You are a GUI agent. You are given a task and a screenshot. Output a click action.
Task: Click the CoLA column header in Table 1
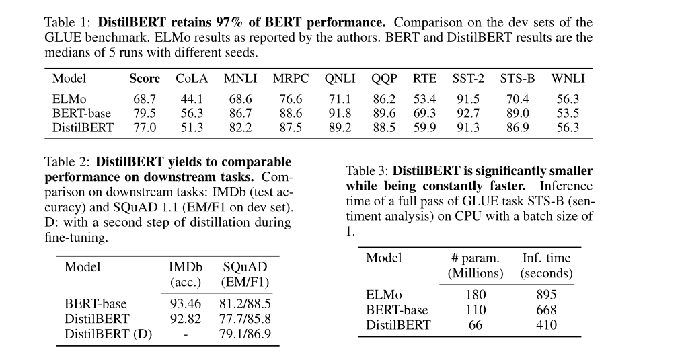tap(192, 79)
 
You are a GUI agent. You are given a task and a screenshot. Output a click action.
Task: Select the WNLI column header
tap(568, 79)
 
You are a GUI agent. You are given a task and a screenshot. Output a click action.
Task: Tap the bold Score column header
tap(145, 79)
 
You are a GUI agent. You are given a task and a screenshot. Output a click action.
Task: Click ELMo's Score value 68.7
tap(145, 99)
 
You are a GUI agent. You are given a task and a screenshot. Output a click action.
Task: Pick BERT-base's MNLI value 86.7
tap(240, 113)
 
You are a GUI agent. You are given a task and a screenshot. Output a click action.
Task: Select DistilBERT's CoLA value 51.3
tap(192, 127)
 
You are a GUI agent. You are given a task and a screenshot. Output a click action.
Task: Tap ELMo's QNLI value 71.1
tap(340, 99)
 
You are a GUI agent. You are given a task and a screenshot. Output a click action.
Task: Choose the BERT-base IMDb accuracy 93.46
tap(185, 305)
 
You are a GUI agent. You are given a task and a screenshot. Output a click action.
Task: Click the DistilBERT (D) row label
tap(108, 334)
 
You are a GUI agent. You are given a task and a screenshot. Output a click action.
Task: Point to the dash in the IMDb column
tap(185, 334)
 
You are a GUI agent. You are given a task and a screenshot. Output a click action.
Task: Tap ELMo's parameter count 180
tap(475, 295)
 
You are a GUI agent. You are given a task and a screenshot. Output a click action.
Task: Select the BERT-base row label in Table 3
tap(397, 310)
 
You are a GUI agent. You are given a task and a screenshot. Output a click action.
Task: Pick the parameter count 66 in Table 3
tap(475, 325)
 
